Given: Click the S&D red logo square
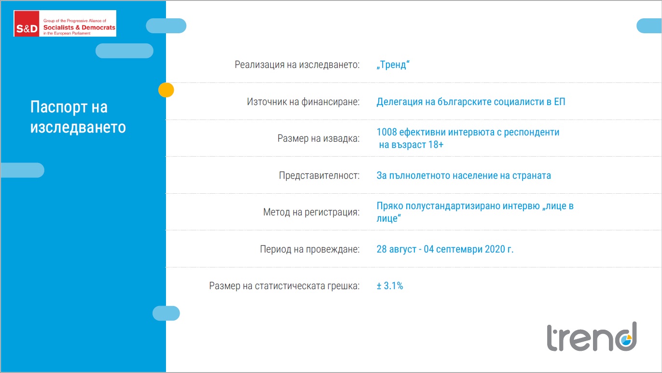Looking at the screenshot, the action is [27, 24].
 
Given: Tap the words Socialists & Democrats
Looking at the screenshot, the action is [79, 27].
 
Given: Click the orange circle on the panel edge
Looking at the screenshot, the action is [166, 90].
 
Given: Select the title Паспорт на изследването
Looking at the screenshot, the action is [78, 117].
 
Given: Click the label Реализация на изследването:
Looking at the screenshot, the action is [297, 65].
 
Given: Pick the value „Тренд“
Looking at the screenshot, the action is [393, 65].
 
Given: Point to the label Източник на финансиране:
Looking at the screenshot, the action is [303, 102].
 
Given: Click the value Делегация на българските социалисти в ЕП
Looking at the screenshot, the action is [471, 102].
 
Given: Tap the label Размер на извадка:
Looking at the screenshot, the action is [318, 138].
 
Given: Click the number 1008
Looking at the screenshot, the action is [386, 132].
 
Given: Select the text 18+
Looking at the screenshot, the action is [436, 145].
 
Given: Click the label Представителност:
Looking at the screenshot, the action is [319, 175].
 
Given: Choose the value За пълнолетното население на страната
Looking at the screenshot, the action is [464, 175].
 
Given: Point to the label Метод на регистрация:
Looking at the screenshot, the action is [312, 212].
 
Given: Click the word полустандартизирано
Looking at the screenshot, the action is [472, 206].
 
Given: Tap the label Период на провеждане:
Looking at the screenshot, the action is [310, 249].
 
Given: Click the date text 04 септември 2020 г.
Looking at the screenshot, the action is [469, 249].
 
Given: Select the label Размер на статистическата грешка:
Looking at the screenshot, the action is [284, 286].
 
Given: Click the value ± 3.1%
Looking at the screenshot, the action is [390, 286].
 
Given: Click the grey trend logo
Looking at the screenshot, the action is [592, 337].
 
